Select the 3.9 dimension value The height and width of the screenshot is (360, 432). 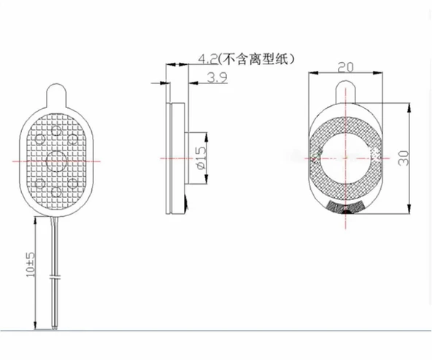coord(216,78)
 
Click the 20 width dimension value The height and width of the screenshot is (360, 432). coord(346,67)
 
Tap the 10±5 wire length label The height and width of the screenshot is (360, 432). coord(30,264)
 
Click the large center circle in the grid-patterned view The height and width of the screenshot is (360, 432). coord(57,158)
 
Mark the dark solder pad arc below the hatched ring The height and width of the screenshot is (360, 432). coord(346,207)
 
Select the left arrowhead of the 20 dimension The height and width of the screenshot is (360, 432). coord(313,75)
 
